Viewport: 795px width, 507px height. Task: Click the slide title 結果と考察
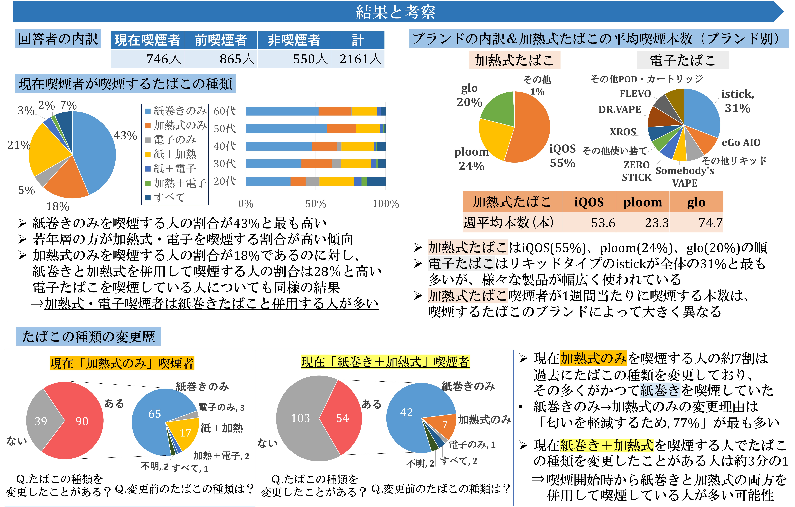[x=395, y=12]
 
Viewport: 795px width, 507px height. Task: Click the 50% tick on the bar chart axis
[x=315, y=204]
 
